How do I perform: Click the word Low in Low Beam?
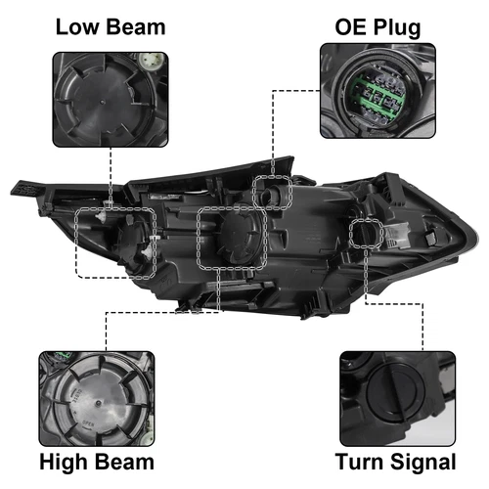pyautogui.click(x=78, y=25)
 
